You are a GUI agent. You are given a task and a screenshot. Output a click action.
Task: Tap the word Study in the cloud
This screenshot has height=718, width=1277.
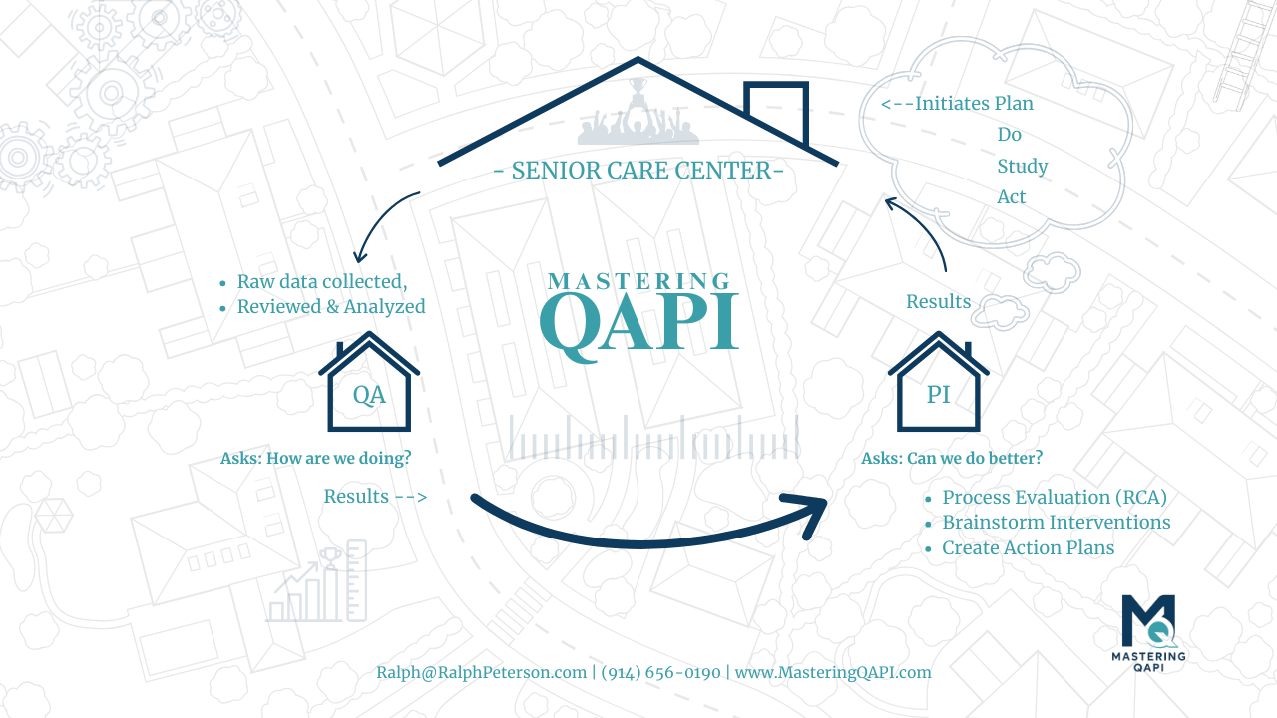pyautogui.click(x=1023, y=167)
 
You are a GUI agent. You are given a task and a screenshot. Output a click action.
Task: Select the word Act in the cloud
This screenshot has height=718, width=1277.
pyautogui.click(x=1011, y=197)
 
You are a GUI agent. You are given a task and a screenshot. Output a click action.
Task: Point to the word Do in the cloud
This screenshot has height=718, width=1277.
pyautogui.click(x=1009, y=135)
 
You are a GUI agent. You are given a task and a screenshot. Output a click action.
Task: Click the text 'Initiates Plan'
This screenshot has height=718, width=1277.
pyautogui.click(x=975, y=103)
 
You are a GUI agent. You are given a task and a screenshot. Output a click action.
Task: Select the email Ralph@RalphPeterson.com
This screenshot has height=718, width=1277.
pyautogui.click(x=481, y=672)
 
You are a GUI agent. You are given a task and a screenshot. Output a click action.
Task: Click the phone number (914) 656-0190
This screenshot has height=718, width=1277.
pyautogui.click(x=660, y=673)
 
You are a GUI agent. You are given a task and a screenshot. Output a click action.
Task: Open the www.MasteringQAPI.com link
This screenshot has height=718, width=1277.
pyautogui.click(x=833, y=672)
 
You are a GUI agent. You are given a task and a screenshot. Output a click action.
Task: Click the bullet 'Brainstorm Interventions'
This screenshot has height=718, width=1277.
pyautogui.click(x=1056, y=522)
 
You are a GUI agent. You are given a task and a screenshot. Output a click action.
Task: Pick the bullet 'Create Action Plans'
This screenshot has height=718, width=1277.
pyautogui.click(x=1028, y=547)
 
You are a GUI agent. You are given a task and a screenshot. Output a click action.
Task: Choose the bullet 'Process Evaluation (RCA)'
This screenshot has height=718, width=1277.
pyautogui.click(x=1055, y=497)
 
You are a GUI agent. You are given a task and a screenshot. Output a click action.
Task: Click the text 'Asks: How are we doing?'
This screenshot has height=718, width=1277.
pyautogui.click(x=316, y=458)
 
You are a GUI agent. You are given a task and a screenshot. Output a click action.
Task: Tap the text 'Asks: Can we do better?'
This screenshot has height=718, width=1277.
pyautogui.click(x=952, y=458)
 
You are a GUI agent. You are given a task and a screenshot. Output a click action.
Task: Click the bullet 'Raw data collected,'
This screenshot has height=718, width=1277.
pyautogui.click(x=322, y=281)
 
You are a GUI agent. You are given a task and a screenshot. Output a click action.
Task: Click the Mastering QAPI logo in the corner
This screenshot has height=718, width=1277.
pyautogui.click(x=1148, y=633)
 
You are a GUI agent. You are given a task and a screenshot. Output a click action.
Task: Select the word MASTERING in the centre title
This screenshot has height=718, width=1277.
pyautogui.click(x=639, y=281)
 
